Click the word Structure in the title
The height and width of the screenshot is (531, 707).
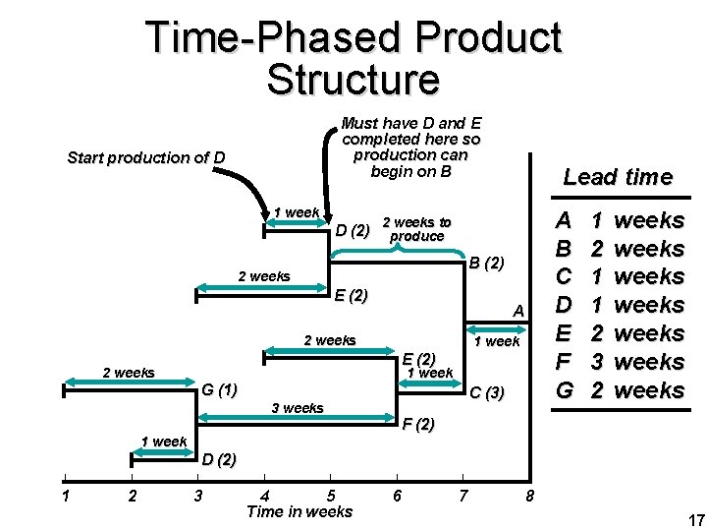click(353, 79)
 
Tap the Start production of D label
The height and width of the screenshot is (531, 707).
click(144, 157)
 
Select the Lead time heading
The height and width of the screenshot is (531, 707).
click(617, 177)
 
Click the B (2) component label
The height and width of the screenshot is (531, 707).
click(486, 264)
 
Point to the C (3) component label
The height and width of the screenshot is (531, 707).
click(486, 393)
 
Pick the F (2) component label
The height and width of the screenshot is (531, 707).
click(418, 425)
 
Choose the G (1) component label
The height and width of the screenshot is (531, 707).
click(219, 389)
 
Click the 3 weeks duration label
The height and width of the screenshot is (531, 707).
click(296, 408)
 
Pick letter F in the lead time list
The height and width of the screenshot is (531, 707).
click(564, 362)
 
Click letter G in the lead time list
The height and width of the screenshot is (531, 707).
click(564, 390)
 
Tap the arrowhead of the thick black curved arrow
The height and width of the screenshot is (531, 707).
click(268, 211)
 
